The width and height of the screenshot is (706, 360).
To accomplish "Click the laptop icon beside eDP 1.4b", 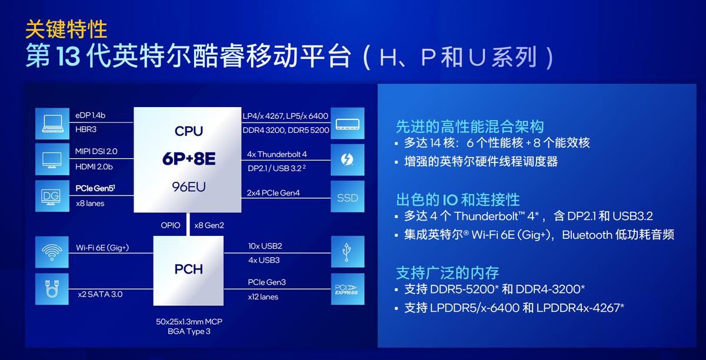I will pyautogui.click(x=52, y=122).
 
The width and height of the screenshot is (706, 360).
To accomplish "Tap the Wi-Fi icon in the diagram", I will pyautogui.click(x=52, y=252).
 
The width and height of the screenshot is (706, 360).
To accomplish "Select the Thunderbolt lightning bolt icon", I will pyautogui.click(x=347, y=159).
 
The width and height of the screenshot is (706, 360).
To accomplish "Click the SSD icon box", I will pyautogui.click(x=347, y=198).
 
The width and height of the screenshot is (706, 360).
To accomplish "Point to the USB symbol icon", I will pyautogui.click(x=347, y=252).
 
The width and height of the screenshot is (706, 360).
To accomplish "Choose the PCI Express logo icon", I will pyautogui.click(x=347, y=289).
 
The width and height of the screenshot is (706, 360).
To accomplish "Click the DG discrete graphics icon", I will pyautogui.click(x=52, y=196).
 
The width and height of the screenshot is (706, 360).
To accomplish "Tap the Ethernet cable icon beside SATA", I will pyautogui.click(x=52, y=289).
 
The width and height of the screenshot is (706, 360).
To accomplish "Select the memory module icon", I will pyautogui.click(x=347, y=123).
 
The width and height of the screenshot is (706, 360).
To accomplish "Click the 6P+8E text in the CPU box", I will pyautogui.click(x=188, y=159).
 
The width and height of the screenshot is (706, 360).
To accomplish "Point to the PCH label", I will pyautogui.click(x=188, y=269).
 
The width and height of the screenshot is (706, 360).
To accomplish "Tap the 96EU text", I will pyautogui.click(x=188, y=187).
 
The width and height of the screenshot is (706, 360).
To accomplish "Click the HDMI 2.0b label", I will pyautogui.click(x=94, y=166).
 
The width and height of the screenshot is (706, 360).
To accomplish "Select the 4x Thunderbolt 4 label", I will pyautogui.click(x=277, y=154).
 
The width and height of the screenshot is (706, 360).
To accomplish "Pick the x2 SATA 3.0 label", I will pyautogui.click(x=99, y=294).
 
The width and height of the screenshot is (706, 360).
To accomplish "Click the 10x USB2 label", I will pyautogui.click(x=265, y=245).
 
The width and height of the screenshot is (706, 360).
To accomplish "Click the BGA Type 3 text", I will pyautogui.click(x=189, y=332).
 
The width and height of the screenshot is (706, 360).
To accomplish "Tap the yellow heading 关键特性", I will pyautogui.click(x=66, y=28).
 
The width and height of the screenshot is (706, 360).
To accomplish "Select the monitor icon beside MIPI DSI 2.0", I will pyautogui.click(x=52, y=159).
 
